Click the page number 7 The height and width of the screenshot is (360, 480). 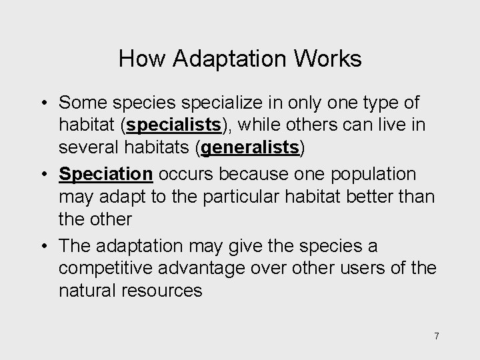point(437,336)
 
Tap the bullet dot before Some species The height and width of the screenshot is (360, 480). point(42,103)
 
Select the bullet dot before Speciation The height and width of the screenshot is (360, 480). point(42,175)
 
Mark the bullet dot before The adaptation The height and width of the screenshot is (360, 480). point(42,247)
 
